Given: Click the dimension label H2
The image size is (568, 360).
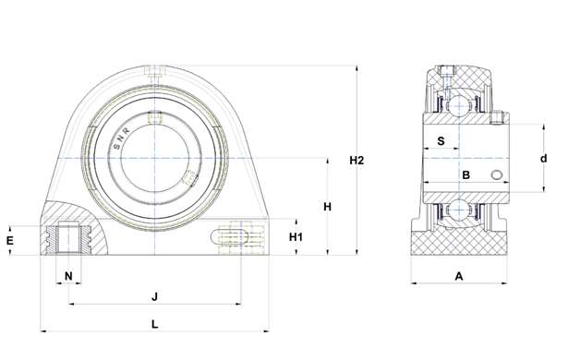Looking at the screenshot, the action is [357, 160].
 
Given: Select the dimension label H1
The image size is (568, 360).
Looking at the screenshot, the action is [296, 237].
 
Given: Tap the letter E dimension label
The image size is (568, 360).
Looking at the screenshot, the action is [10, 240].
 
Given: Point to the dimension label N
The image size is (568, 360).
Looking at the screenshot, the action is [68, 276].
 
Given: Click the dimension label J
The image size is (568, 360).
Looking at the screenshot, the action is [154, 297].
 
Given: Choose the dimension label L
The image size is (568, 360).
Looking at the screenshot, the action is [154, 324].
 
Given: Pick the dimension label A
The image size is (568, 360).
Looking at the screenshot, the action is [459, 276].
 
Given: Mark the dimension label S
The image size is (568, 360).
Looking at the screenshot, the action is [441, 141].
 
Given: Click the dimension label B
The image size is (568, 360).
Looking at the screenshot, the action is [466, 175].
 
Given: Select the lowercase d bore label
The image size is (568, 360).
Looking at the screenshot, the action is [543, 158].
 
